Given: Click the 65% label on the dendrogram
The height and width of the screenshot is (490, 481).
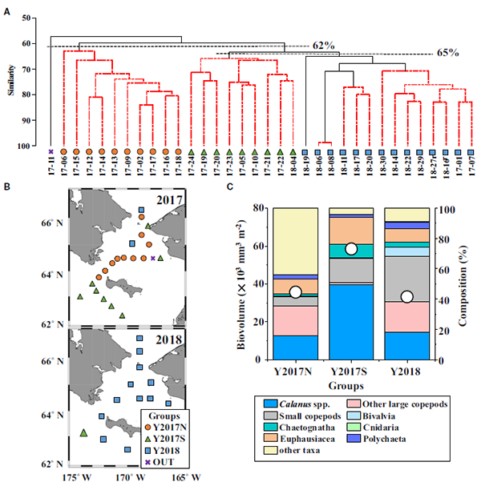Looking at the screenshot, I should [447, 53].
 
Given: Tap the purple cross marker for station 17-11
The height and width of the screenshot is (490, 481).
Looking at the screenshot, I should [51, 151].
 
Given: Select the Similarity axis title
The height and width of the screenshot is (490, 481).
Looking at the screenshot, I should [11, 82].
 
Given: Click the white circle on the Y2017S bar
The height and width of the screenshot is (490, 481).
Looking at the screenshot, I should [350, 249].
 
